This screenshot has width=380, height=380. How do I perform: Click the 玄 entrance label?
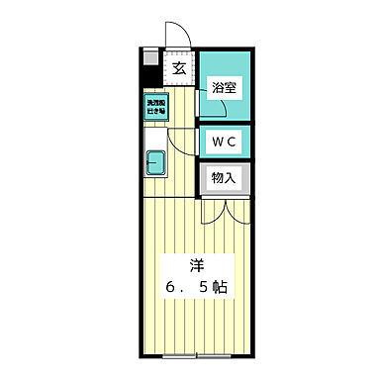179,68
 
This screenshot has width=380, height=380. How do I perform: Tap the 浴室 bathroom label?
224,87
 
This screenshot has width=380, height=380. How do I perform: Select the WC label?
223,141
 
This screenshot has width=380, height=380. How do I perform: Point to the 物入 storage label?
224,178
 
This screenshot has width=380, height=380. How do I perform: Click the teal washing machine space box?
157,106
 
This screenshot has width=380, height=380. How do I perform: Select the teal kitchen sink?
156,160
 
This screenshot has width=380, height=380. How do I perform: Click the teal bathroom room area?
224,99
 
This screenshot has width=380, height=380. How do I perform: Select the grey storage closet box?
224,179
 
